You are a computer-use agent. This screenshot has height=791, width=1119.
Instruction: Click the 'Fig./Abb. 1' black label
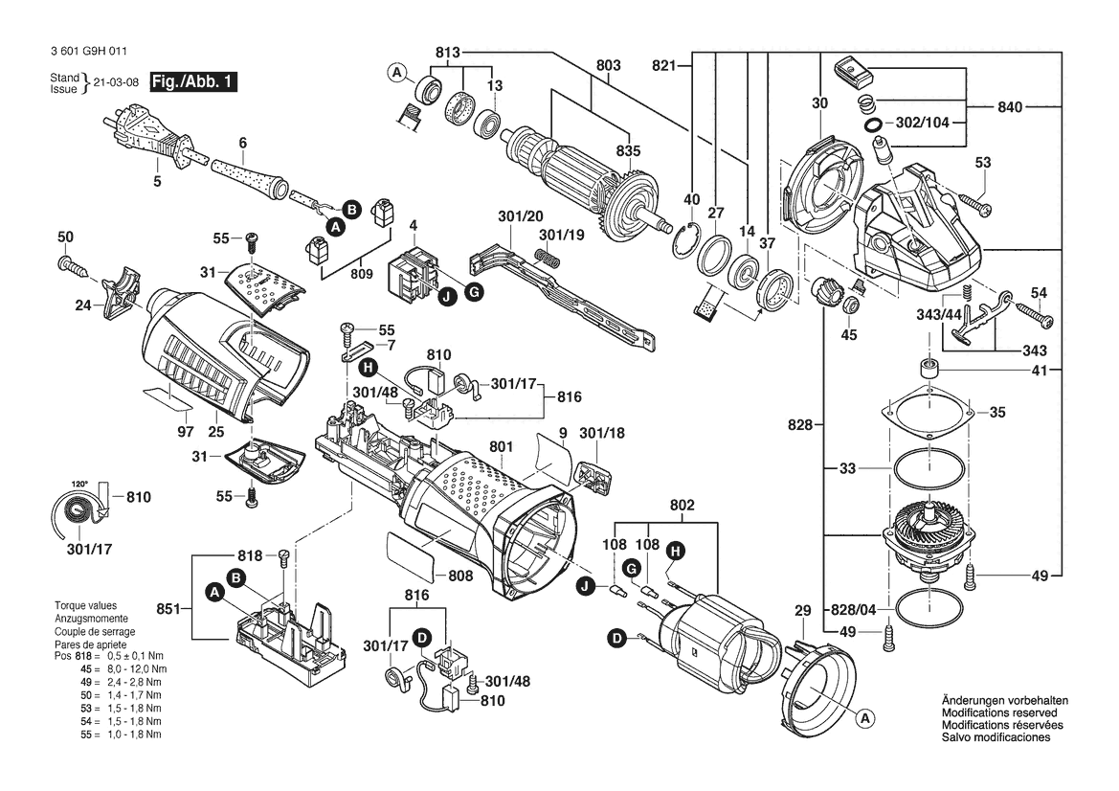193,81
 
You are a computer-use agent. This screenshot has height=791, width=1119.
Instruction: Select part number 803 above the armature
609,65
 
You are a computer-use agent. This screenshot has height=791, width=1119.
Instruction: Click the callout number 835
629,150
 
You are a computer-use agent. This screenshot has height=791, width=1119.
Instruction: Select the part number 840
1010,107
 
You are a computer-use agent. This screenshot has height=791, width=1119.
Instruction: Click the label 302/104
922,122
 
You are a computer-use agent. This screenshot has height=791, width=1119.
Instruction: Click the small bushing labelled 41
928,369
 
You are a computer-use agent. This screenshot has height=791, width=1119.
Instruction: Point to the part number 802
682,506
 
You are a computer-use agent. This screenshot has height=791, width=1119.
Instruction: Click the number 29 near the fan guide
803,610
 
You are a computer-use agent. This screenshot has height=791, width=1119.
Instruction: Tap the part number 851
169,609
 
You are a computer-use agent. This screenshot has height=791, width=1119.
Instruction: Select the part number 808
460,575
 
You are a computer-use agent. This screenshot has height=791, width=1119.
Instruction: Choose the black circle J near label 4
448,297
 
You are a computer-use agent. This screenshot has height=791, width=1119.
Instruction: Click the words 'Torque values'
85,605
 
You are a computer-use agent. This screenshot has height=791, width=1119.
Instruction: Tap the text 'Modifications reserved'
999,712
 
